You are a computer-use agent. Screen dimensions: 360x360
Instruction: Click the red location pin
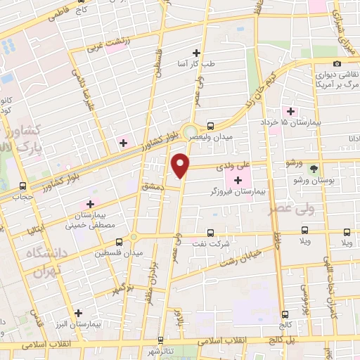(x=181, y=166)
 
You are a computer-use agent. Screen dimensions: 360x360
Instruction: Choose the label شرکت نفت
(x=214, y=243)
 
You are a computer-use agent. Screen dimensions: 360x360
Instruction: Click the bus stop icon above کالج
(x=285, y=314)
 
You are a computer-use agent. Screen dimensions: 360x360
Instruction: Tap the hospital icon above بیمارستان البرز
(x=77, y=313)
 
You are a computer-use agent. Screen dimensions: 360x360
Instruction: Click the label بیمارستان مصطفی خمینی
(x=90, y=219)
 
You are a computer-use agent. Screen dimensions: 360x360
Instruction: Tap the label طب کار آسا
(x=196, y=64)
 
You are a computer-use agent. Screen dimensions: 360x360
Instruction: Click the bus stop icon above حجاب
(x=24, y=186)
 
